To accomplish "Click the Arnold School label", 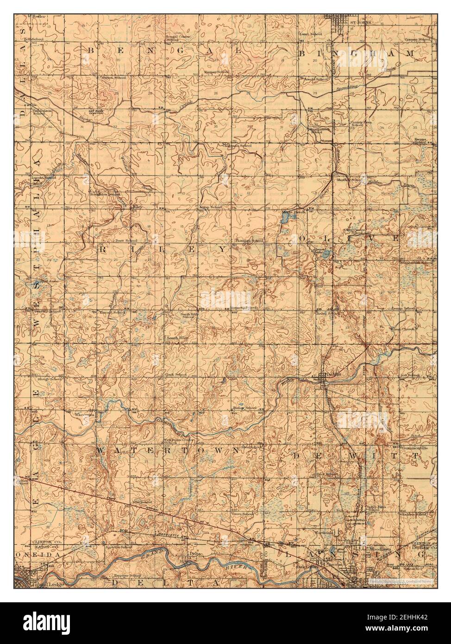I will point(316,79).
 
